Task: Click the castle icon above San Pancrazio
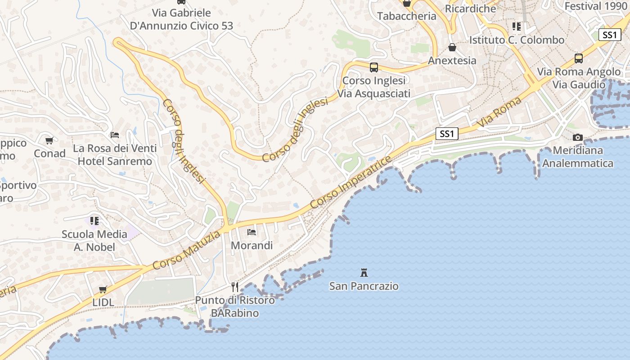point(364,272)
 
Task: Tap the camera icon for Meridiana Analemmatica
point(578,137)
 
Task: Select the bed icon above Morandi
point(252,232)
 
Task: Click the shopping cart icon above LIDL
point(103,289)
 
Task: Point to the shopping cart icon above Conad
point(49,140)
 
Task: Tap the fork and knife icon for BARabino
point(234,287)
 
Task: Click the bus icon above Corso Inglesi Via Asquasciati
point(373,67)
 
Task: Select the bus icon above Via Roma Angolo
point(579,58)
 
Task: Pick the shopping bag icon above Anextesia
point(452,47)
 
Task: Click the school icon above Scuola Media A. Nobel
point(94,220)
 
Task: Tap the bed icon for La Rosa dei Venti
point(115,135)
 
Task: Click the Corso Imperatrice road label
point(351,182)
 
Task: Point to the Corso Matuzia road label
point(186,250)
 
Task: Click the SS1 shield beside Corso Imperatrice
point(447,134)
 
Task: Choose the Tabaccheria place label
point(406,16)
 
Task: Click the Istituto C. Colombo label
point(517,40)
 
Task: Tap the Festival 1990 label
point(596,6)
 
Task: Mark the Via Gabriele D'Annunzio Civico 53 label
point(181,19)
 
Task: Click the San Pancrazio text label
point(364,286)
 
